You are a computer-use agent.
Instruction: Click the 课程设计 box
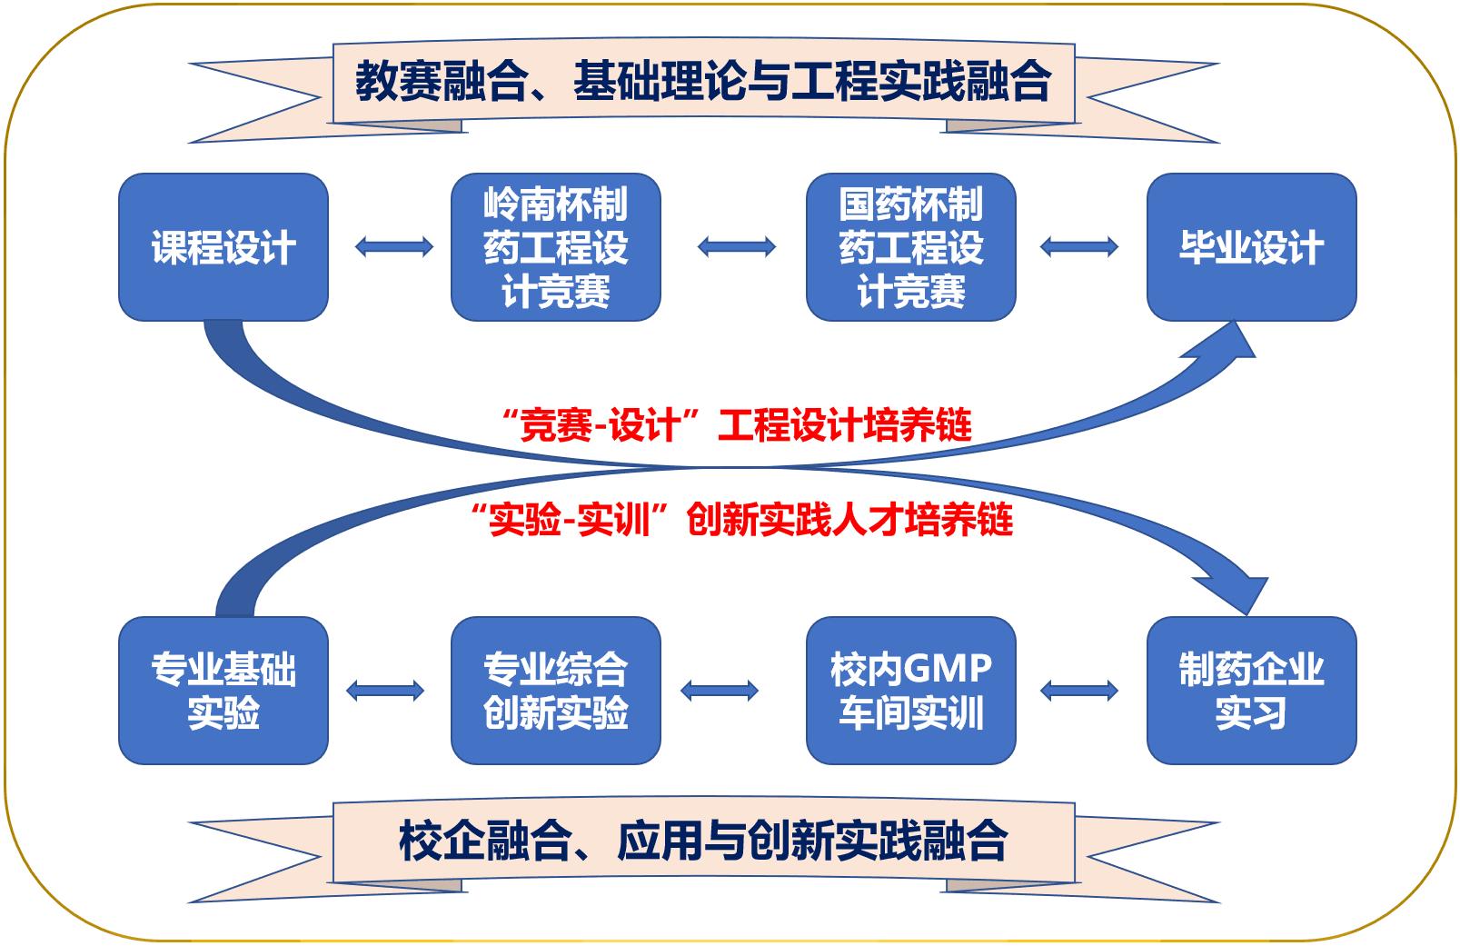coord(223,247)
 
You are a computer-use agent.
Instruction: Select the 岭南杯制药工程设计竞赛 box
coord(555,247)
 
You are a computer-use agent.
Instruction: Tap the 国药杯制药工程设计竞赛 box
coord(910,247)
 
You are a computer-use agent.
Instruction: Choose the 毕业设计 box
coord(1251,247)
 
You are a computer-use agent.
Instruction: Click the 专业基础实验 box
coord(223,691)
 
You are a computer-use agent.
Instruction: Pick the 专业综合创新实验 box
coord(555,691)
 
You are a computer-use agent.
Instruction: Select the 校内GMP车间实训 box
coord(910,691)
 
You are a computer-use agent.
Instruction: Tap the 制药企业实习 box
coord(1251,691)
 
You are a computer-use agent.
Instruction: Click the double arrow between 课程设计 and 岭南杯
coord(394,246)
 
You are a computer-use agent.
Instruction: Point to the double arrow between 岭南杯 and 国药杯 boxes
coord(737,246)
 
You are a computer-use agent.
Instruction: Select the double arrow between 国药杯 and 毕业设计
coord(1079,246)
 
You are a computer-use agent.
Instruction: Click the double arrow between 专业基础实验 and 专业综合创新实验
coord(385,691)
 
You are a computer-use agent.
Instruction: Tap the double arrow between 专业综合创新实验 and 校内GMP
coord(720,691)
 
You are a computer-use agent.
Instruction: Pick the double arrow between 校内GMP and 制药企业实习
coord(1079,691)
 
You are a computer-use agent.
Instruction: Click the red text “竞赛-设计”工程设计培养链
coord(737,425)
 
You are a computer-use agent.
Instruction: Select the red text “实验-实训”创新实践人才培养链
coord(742,521)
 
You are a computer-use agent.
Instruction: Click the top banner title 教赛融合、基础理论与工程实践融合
coord(703,83)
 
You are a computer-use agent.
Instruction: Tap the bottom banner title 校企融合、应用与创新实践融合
coord(703,841)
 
